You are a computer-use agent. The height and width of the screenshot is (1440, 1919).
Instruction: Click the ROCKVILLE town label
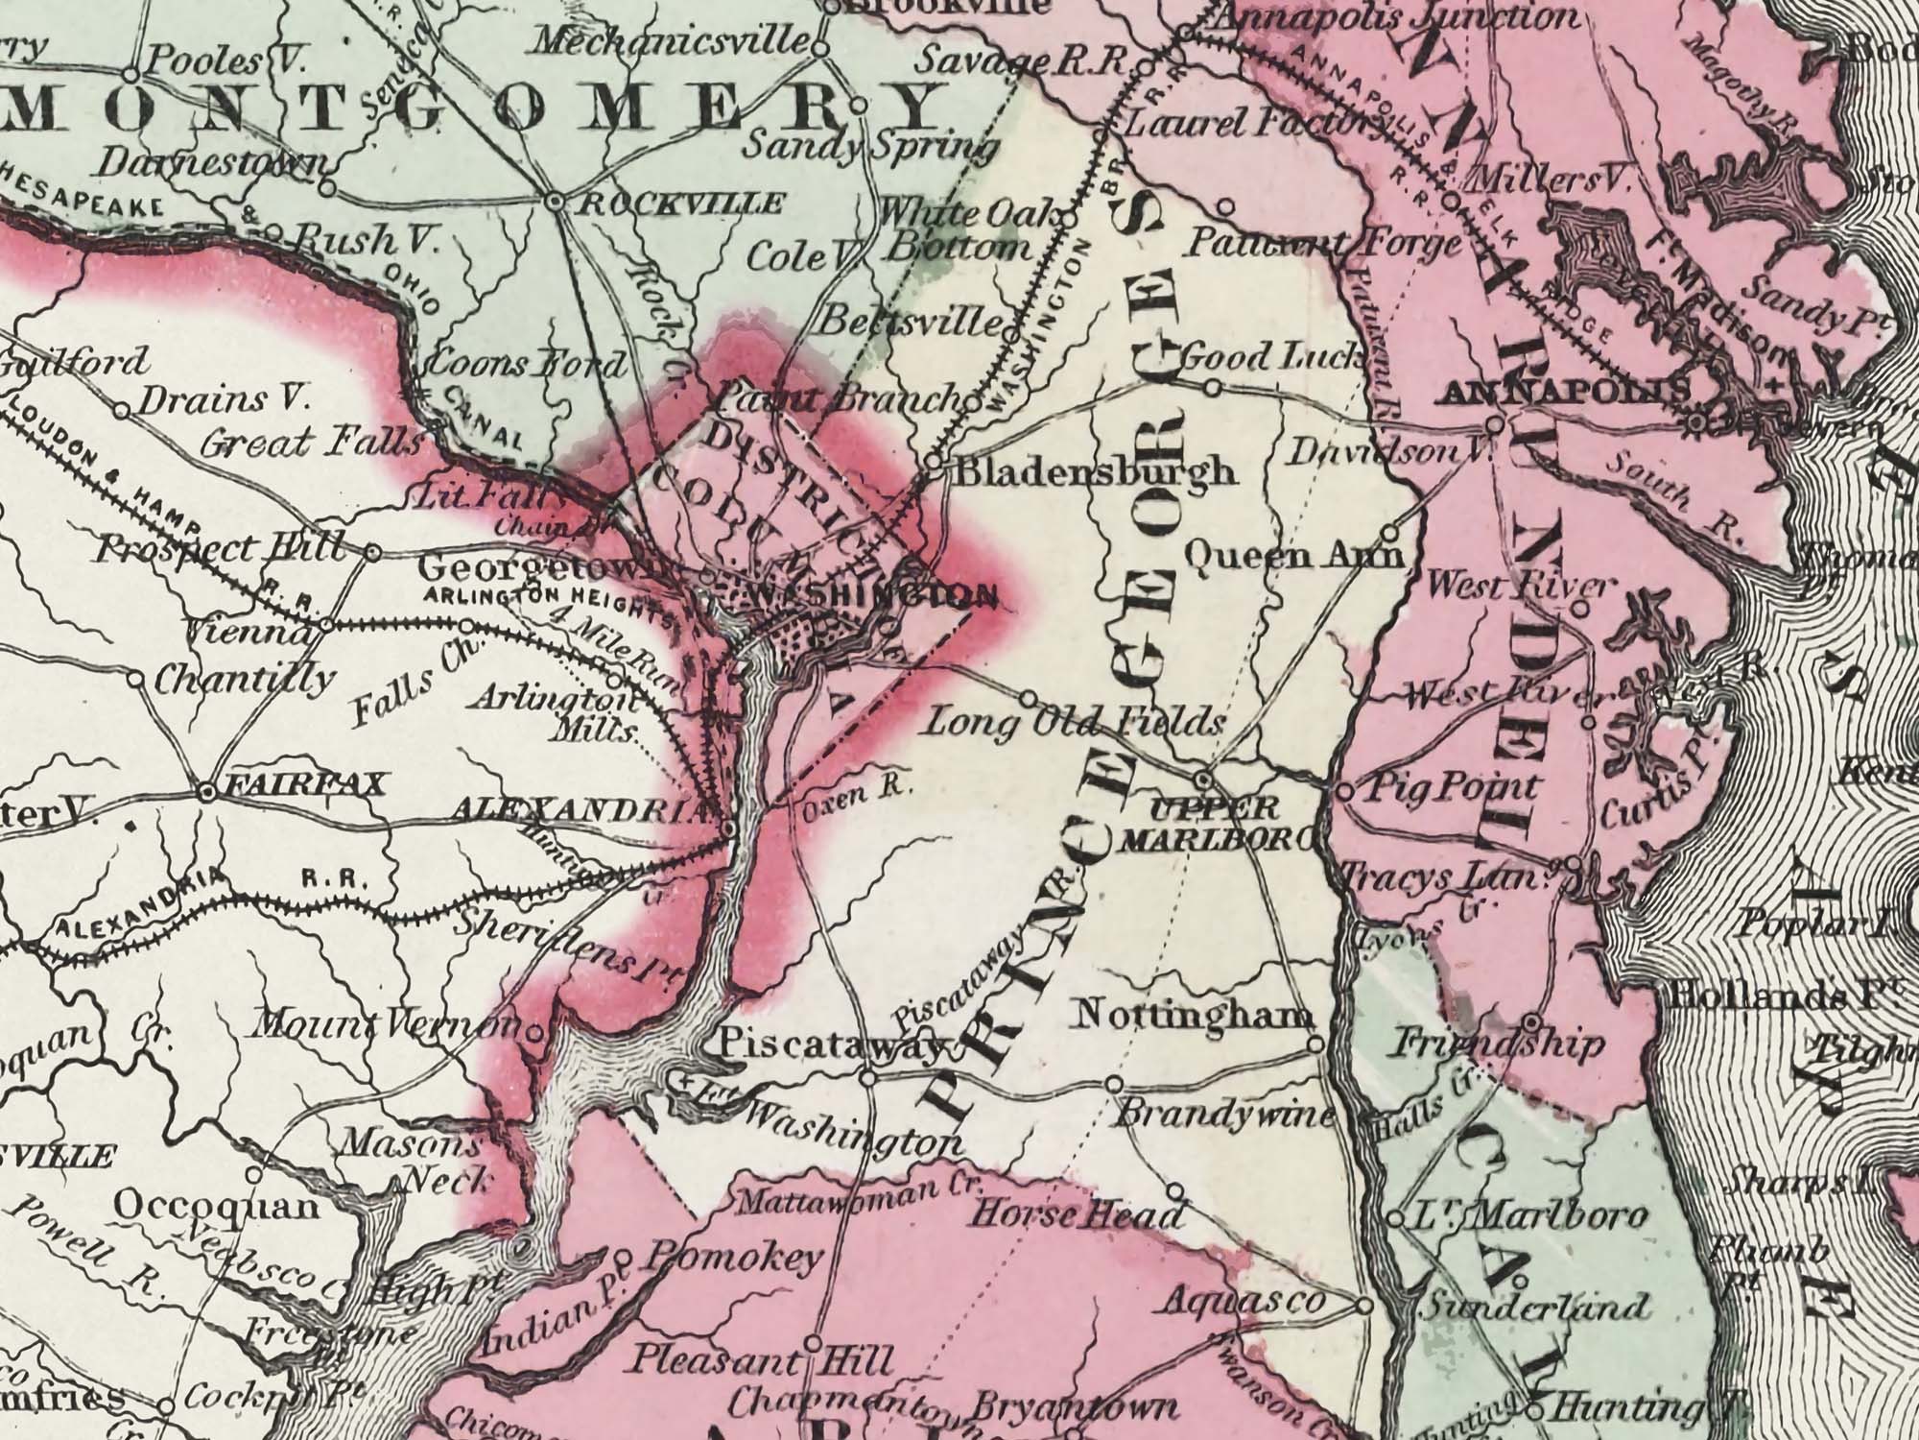tap(680, 204)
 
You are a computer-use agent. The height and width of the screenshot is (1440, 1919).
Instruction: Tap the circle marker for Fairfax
tap(205, 793)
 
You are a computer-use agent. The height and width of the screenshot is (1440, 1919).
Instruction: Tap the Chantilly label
tap(245, 680)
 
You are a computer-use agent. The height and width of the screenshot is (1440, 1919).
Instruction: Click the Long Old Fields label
tap(1073, 723)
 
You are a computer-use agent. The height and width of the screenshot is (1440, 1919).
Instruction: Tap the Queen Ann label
tap(1294, 555)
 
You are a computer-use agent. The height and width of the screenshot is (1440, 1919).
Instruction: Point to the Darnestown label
tap(213, 165)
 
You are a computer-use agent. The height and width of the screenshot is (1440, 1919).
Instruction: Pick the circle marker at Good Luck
tap(1213, 388)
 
